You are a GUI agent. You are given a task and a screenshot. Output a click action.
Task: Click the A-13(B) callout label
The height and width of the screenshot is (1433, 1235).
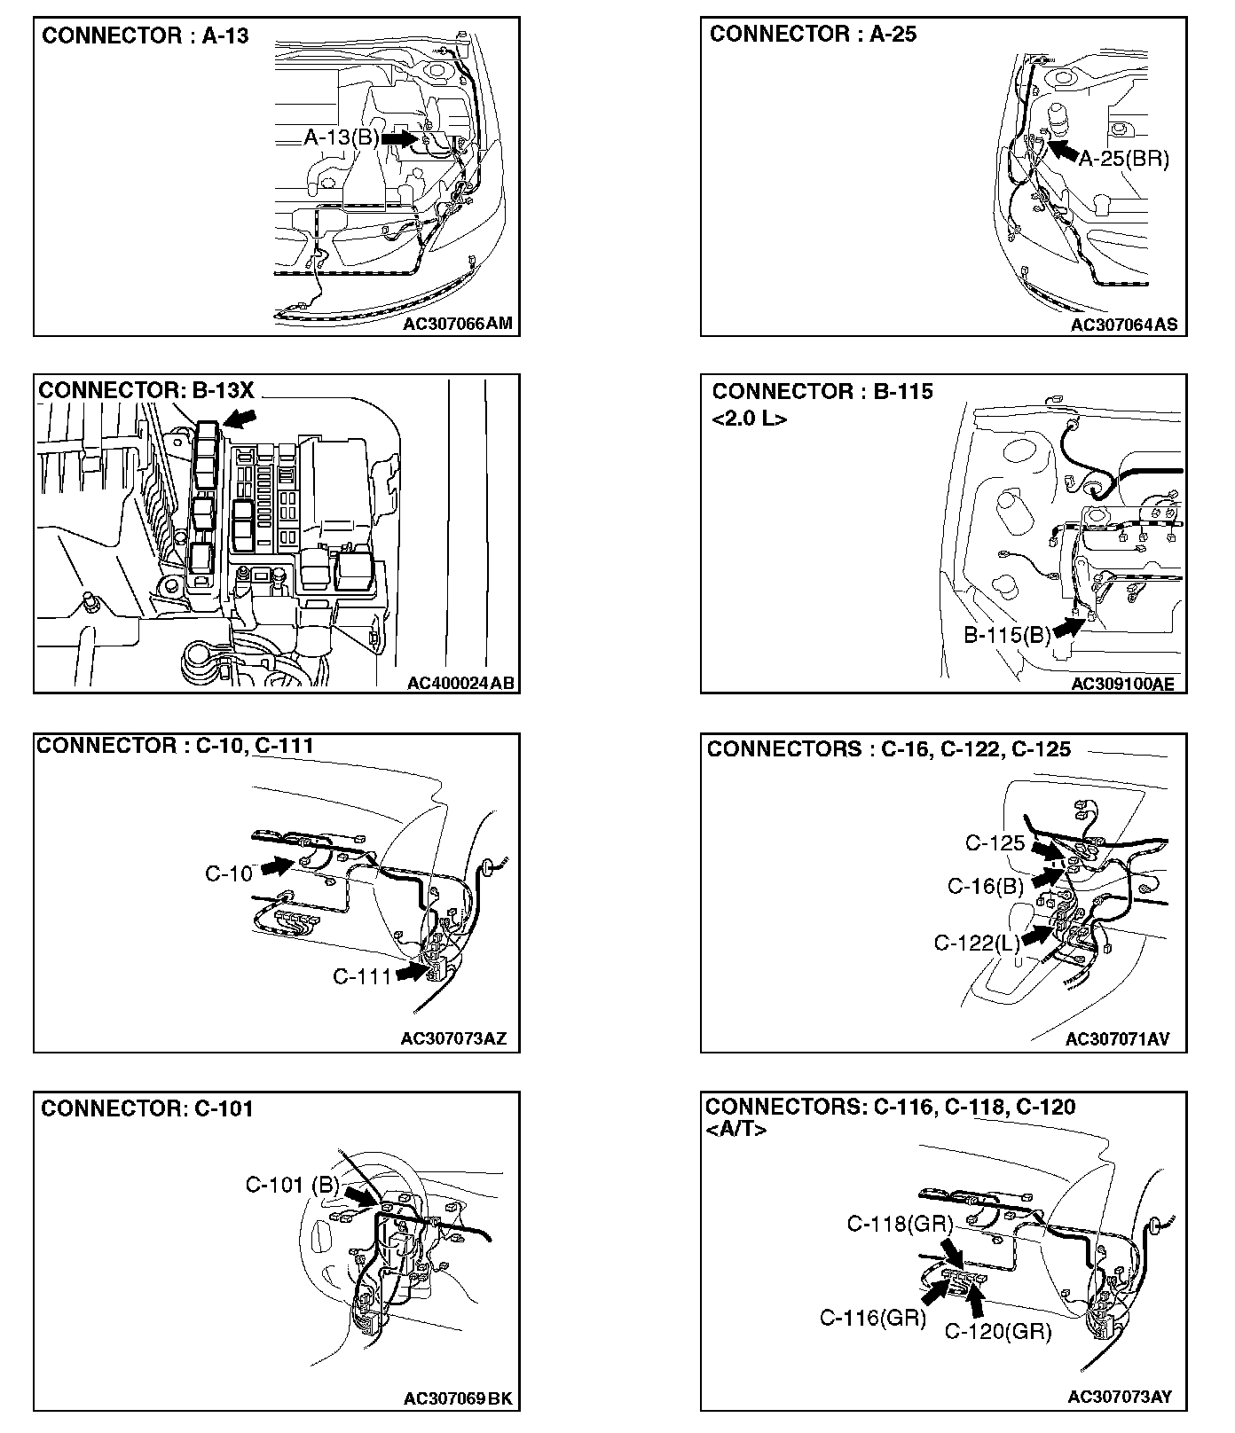(342, 137)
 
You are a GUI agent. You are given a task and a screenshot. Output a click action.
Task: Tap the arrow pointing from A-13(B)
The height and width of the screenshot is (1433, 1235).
(400, 138)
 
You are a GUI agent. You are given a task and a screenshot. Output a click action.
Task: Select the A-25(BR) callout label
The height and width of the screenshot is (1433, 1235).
(1124, 160)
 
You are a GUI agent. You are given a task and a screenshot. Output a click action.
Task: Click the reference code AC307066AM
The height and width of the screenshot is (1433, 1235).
(457, 324)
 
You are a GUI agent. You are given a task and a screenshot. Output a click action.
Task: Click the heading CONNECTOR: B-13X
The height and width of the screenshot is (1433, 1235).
(146, 391)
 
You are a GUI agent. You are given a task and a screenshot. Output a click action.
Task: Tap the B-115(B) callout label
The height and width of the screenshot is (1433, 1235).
(1007, 635)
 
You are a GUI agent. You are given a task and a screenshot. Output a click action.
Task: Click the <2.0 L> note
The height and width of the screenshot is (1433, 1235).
(749, 419)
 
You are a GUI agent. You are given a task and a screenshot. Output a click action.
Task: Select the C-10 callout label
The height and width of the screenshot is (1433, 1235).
(229, 873)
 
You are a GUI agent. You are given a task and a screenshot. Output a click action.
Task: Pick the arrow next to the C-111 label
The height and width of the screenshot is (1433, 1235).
(412, 973)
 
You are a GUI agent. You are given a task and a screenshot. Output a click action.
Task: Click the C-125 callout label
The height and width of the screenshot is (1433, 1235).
(995, 843)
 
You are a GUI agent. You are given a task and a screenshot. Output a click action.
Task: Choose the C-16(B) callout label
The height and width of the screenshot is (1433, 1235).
(985, 886)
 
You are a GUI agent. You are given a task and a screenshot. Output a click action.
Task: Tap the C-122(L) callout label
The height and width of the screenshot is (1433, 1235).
(977, 943)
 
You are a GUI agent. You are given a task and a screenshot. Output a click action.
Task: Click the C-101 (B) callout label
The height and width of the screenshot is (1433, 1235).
(292, 1185)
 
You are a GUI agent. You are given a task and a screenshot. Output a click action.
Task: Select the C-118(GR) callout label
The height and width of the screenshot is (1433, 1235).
(899, 1225)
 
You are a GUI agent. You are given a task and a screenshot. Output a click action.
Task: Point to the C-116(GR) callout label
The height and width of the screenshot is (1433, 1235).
(872, 1319)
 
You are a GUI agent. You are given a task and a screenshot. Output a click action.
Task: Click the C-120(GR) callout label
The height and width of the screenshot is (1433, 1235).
(997, 1331)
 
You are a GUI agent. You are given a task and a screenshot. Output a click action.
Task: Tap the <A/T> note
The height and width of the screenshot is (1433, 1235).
(735, 1130)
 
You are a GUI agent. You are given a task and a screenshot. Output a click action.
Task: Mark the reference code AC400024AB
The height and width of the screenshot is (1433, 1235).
(460, 683)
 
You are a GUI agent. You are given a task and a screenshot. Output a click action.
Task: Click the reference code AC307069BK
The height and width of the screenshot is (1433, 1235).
(458, 1398)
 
